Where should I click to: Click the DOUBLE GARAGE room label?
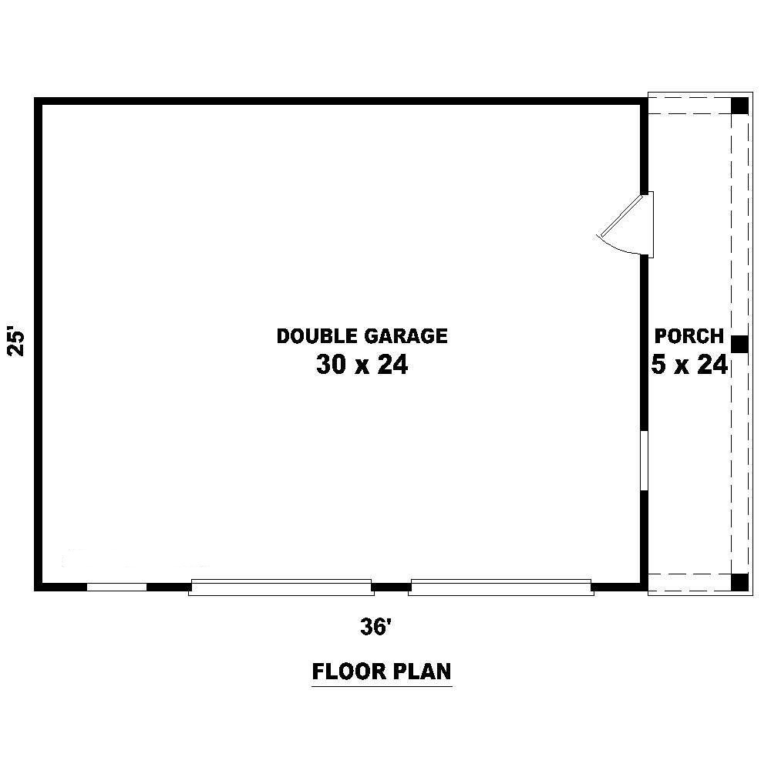(362, 336)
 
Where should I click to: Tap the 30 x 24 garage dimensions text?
(362, 365)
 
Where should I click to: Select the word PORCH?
(689, 336)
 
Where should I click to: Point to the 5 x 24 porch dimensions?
(689, 365)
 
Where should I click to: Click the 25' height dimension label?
(15, 340)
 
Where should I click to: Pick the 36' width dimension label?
(375, 627)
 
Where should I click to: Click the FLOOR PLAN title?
(382, 672)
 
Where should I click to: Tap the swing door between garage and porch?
(625, 224)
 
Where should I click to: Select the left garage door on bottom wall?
(281, 588)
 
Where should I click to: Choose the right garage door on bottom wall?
(501, 588)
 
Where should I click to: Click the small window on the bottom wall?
(116, 587)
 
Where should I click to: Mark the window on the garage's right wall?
(644, 461)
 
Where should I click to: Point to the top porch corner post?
(739, 106)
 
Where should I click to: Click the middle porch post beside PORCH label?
(739, 344)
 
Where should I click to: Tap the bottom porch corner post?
(739, 582)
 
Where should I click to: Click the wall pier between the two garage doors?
(392, 587)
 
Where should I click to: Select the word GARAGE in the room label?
(406, 336)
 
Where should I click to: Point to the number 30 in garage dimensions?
(331, 365)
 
